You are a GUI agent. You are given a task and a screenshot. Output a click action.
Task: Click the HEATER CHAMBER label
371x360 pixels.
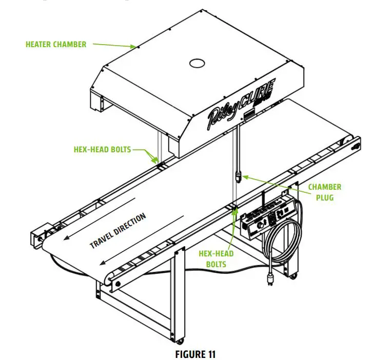(x=56, y=45)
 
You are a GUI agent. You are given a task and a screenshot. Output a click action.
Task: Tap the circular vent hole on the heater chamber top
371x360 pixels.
(x=197, y=63)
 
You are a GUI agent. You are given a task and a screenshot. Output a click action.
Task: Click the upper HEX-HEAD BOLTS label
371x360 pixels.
(x=103, y=150)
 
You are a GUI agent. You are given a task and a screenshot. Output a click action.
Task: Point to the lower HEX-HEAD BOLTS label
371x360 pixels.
(x=216, y=259)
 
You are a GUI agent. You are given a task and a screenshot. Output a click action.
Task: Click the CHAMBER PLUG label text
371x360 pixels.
(x=324, y=192)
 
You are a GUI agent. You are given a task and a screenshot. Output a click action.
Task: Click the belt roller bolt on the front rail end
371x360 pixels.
(x=118, y=283)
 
